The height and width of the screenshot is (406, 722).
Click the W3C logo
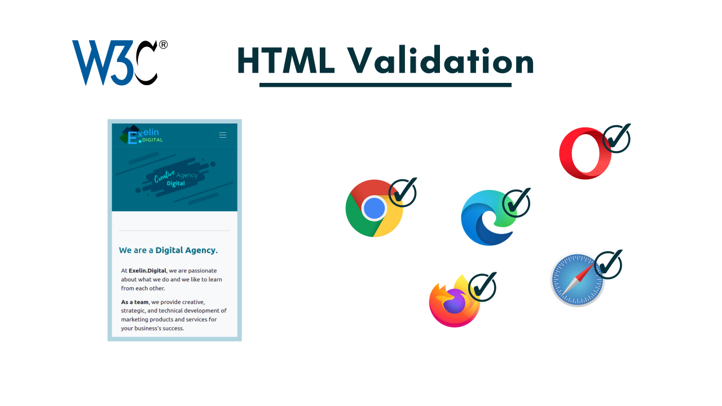(x=115, y=62)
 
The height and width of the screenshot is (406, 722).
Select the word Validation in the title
(x=440, y=60)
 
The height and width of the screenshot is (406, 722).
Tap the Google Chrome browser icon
(x=373, y=209)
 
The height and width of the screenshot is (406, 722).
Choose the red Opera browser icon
(x=584, y=153)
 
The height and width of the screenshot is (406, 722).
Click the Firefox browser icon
(x=454, y=302)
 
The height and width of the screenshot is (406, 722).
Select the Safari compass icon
(x=577, y=280)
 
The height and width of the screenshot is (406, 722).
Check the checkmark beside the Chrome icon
(x=403, y=192)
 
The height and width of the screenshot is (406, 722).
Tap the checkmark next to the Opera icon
(x=617, y=138)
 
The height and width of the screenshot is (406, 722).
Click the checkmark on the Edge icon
(x=516, y=203)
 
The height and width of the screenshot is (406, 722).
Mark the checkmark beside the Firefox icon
(x=482, y=287)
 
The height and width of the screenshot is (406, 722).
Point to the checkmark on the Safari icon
(x=608, y=264)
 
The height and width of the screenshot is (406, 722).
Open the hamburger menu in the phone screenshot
(x=223, y=135)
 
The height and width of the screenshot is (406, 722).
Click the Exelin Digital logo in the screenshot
(x=142, y=135)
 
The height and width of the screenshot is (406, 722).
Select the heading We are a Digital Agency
(x=168, y=250)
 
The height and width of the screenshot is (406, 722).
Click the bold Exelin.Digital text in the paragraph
(x=147, y=271)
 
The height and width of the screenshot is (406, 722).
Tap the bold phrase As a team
(x=135, y=302)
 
